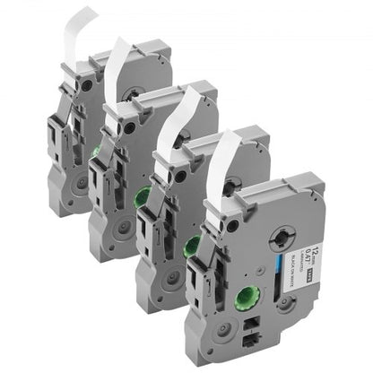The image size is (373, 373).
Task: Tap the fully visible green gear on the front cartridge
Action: click(247, 301)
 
